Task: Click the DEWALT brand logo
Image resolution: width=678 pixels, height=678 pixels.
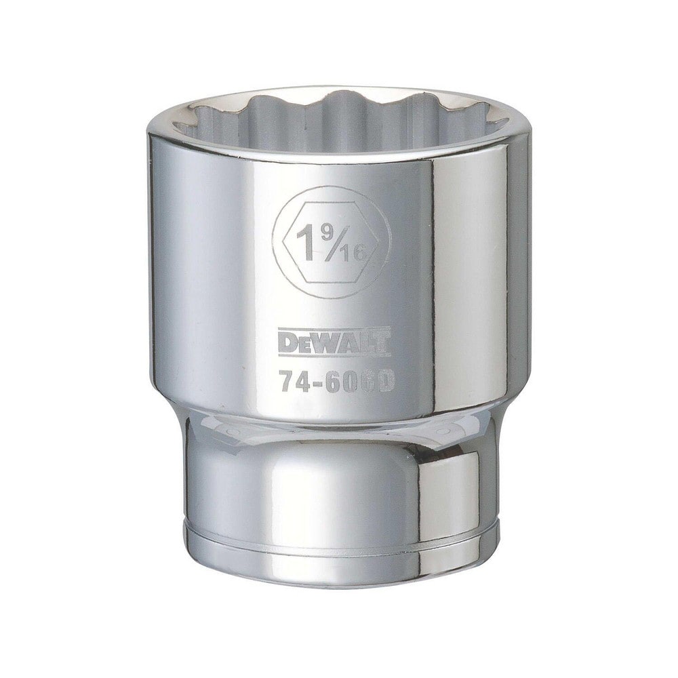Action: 333,341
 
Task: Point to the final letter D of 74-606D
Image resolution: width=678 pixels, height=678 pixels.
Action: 385,382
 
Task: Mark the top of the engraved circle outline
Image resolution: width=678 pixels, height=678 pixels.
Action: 332,187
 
